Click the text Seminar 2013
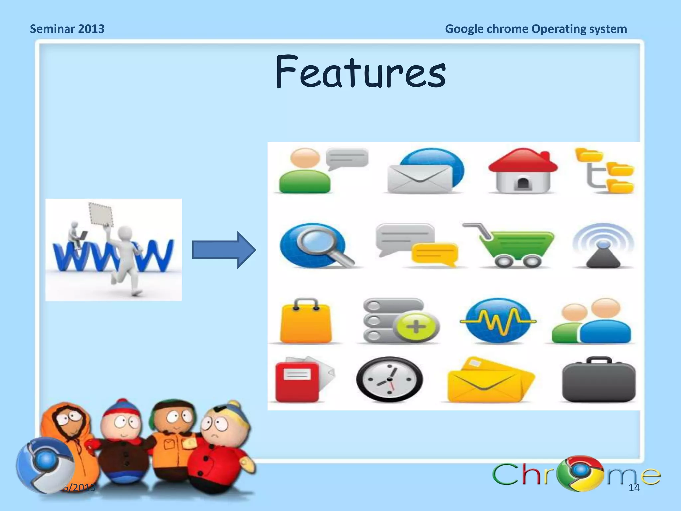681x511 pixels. point(67,29)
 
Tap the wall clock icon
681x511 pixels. point(389,379)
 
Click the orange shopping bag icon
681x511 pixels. point(306,321)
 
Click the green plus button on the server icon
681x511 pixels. point(416,326)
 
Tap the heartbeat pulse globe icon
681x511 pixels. point(498,321)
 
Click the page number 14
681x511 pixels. point(634,488)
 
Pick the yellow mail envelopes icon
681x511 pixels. point(489,381)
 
